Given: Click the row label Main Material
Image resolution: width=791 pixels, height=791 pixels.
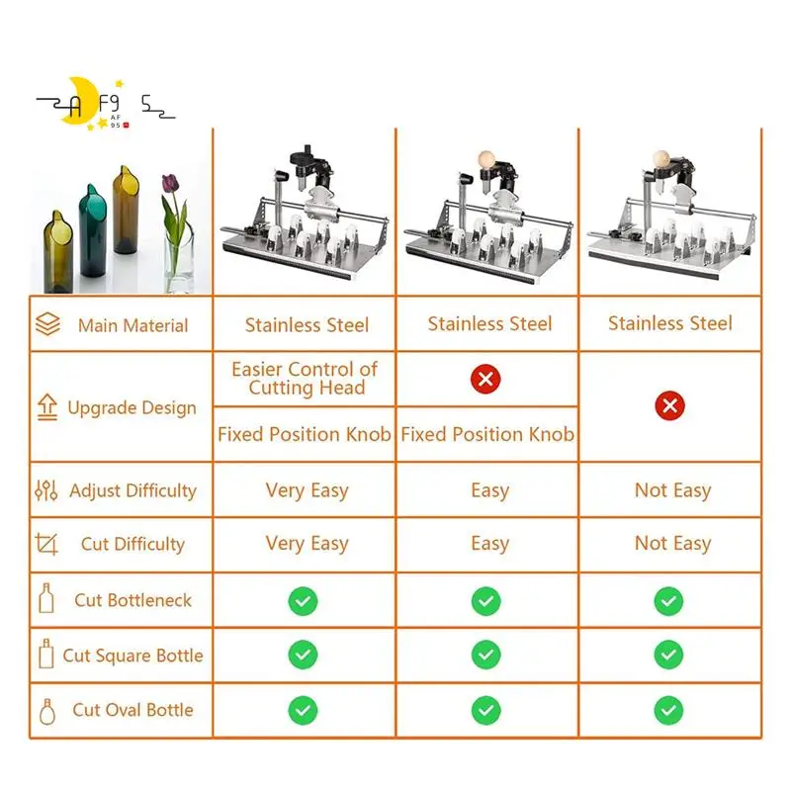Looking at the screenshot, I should pos(132,325).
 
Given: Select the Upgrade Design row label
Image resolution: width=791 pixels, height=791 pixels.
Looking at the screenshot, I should pos(132,407).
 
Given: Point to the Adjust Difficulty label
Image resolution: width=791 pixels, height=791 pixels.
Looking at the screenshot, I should pos(132,490).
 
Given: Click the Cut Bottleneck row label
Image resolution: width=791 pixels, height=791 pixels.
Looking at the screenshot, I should pos(132,600).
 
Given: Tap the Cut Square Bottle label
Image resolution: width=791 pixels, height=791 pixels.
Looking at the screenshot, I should pos(132,656).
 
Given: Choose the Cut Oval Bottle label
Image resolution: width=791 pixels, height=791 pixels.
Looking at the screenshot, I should pos(132,710).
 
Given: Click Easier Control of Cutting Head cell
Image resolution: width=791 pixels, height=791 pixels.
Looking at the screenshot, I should pos(305,379).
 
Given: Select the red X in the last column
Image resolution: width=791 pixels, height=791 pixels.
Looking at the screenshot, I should pos(670,405).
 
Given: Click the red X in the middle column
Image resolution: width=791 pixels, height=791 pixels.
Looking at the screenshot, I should pos(485,379).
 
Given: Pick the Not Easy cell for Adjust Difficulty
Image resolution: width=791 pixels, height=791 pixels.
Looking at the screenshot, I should pos(672,490).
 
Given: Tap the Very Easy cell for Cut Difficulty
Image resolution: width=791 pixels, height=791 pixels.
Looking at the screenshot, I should pos(307,544).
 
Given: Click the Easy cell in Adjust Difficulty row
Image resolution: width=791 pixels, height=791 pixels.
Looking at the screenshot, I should pos(489,490).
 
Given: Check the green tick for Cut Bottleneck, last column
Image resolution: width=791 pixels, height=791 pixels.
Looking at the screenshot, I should pos(668,600).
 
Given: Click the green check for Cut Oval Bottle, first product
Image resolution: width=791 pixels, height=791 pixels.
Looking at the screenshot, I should pos(303,710).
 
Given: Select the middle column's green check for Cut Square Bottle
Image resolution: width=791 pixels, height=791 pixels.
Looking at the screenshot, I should pos(485,656).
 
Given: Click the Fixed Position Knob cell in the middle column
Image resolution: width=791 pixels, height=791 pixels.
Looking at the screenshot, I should pos(487,434).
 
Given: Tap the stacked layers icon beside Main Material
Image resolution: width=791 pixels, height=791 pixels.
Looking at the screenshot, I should pos(47,325).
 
